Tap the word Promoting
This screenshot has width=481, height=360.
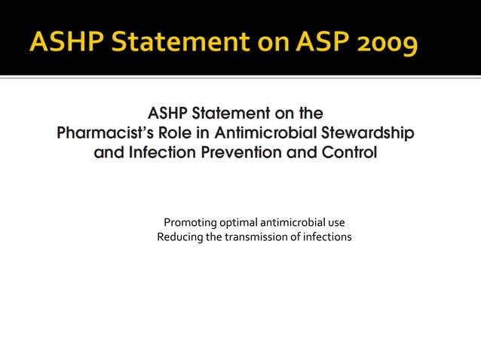pos(190,223)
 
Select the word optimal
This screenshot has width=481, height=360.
pos(238,223)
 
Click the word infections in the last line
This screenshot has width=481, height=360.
pos(326,238)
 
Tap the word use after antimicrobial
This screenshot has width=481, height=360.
pos(336,223)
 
